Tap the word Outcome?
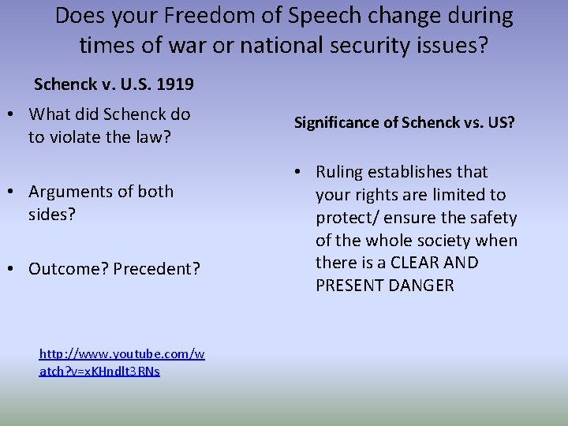(x=68, y=269)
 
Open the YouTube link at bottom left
(x=121, y=363)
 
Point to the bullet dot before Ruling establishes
(x=303, y=172)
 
